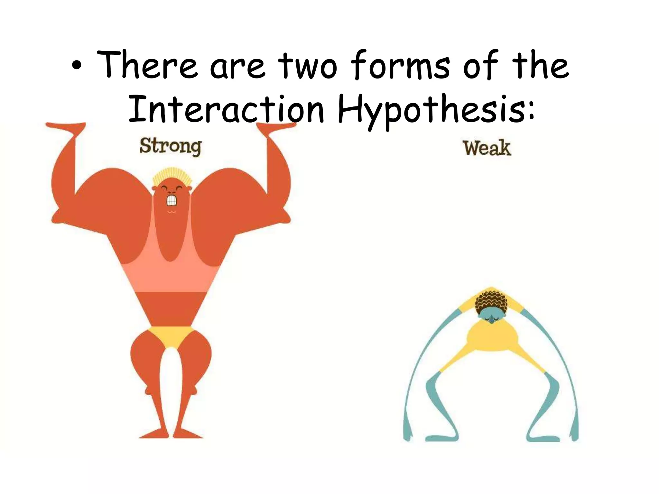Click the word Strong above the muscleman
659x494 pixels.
pyautogui.click(x=171, y=147)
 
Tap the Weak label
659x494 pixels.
pyautogui.click(x=487, y=148)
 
